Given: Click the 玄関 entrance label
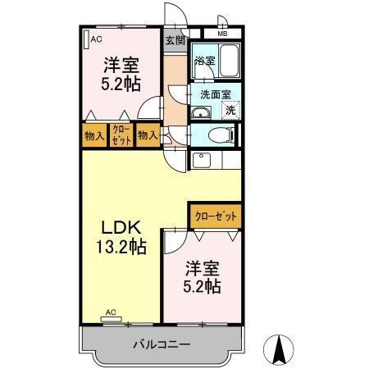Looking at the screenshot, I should [x=174, y=39].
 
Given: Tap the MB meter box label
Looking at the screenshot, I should [x=222, y=34].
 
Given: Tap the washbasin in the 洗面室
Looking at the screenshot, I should [x=201, y=112].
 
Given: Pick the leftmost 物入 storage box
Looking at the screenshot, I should [x=94, y=136].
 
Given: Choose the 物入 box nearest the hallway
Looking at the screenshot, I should [x=148, y=136].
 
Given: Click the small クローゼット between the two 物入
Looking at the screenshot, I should [x=121, y=136].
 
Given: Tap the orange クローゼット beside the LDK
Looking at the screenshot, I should [x=216, y=215].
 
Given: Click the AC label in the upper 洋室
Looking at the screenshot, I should [x=96, y=39].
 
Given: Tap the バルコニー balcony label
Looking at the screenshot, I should [x=162, y=344].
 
